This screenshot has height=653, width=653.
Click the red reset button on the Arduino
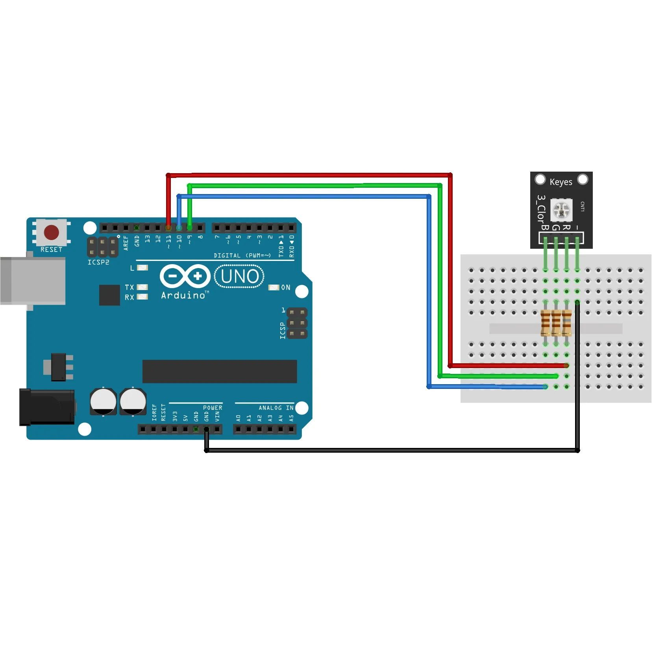click(52, 232)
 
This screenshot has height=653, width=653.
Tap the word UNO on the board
click(239, 276)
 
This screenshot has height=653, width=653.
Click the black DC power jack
click(47, 407)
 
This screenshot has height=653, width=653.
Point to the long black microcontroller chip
click(219, 371)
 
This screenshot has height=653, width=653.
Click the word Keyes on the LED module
click(561, 182)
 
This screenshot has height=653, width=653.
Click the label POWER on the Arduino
click(213, 408)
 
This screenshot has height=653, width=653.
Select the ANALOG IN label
click(276, 408)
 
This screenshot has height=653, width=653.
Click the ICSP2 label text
click(98, 262)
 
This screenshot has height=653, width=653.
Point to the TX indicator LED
click(142, 287)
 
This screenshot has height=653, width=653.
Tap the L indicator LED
click(142, 268)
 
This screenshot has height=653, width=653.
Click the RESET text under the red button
click(51, 250)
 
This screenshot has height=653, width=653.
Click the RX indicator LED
click(142, 297)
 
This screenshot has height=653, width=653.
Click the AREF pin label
click(126, 243)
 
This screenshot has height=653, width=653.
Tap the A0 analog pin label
click(238, 418)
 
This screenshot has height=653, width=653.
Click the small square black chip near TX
click(109, 295)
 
